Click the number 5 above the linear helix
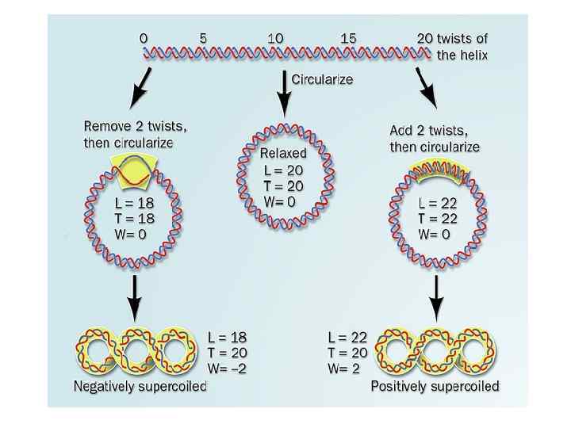pyautogui.click(x=203, y=38)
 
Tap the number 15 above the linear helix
pyautogui.click(x=348, y=38)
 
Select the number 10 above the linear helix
pyautogui.click(x=276, y=38)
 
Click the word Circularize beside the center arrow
pyautogui.click(x=322, y=78)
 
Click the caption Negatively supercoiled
pyautogui.click(x=140, y=387)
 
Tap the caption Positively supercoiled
pyautogui.click(x=435, y=387)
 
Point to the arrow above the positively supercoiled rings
pyautogui.click(x=435, y=297)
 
